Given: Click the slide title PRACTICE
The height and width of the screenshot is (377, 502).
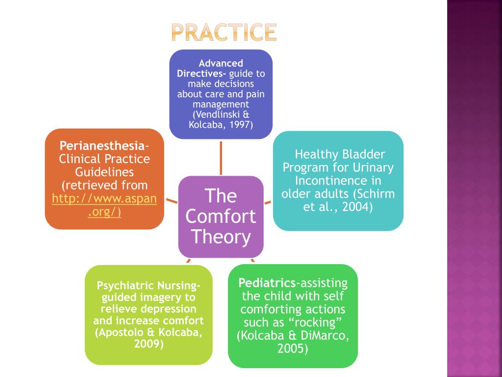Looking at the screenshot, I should click(224, 32).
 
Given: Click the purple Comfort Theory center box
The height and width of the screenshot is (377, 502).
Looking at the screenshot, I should click(221, 216).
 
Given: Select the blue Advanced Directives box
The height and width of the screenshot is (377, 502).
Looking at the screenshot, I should click(221, 94).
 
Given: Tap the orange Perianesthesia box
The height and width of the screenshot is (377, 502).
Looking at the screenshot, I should click(104, 179).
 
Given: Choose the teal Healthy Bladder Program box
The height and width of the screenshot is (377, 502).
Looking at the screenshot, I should click(338, 180).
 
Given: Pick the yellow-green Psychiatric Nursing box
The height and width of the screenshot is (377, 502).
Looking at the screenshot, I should click(149, 315).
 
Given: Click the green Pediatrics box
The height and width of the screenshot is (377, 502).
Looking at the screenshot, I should click(293, 316).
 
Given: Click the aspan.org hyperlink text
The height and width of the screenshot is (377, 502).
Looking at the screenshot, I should click(104, 206).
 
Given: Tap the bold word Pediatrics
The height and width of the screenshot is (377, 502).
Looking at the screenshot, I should click(267, 283).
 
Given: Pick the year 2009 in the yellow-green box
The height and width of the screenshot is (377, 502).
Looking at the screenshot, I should click(149, 344).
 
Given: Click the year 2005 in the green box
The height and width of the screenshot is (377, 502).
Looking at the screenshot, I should click(293, 349).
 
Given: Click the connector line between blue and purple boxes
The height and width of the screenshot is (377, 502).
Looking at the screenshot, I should click(221, 157).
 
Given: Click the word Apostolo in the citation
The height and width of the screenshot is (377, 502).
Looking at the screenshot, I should click(120, 332).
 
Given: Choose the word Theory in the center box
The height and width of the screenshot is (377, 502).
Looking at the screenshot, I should click(221, 237).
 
